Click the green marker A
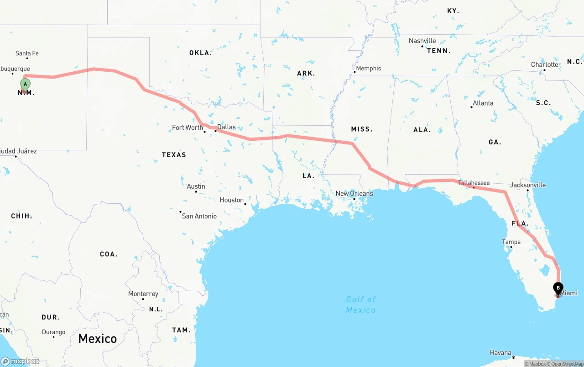point(25,84)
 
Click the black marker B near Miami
point(558,288)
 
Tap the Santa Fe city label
point(27,53)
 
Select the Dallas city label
point(226,127)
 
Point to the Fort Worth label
point(188,128)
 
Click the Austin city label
point(196,186)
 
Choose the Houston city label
point(232,200)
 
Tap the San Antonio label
point(199,216)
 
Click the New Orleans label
point(354,194)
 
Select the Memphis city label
point(368,69)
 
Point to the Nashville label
point(422,41)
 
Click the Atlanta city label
point(483,103)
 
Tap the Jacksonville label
point(528,185)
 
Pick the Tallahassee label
point(474,183)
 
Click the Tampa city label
point(511,242)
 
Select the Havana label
point(501,353)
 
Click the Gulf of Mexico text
point(360,304)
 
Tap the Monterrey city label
point(143,294)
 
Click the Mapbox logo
point(20,362)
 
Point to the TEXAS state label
point(174,155)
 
